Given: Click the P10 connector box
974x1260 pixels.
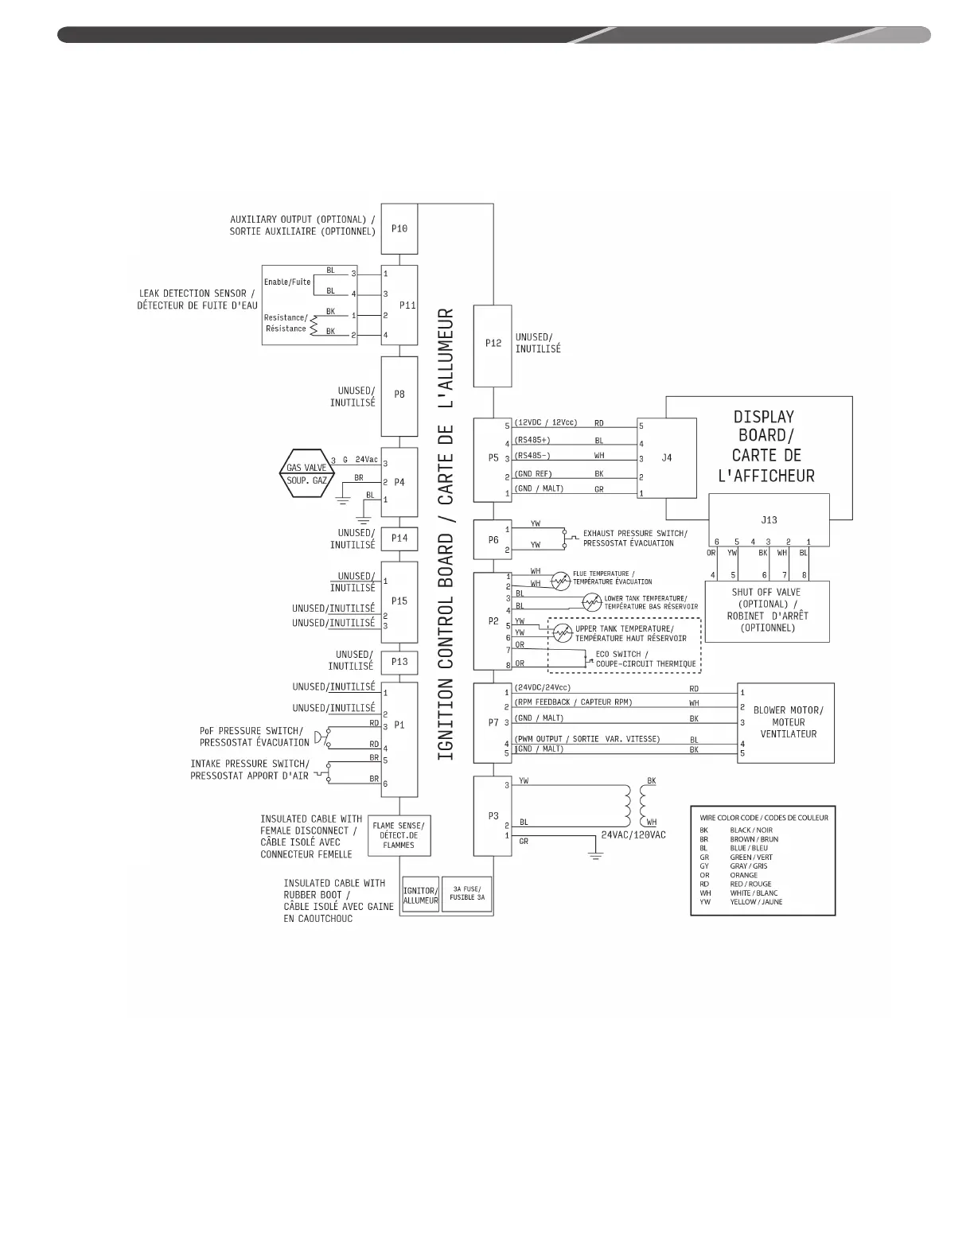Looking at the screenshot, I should [x=399, y=228].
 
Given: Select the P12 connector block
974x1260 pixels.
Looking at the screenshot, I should [x=493, y=344].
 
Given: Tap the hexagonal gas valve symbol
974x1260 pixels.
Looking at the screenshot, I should [x=306, y=475].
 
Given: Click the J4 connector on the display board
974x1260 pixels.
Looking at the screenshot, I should [x=667, y=457].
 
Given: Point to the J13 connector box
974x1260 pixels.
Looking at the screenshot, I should [x=769, y=519].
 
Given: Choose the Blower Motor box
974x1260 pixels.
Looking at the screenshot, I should [x=786, y=722].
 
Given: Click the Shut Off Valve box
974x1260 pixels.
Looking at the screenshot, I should [x=767, y=610].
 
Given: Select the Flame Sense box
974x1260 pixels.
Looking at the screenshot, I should [x=399, y=835].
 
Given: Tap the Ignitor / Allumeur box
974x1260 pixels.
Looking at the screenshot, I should [x=420, y=896].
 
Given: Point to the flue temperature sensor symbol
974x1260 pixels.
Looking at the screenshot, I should [x=561, y=581].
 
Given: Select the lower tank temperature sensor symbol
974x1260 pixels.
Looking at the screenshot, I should [x=592, y=602].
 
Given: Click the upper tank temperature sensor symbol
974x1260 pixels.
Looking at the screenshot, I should [x=563, y=633].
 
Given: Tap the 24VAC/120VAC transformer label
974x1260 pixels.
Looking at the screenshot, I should [x=633, y=835].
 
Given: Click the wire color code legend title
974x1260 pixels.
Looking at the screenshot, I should [x=763, y=817].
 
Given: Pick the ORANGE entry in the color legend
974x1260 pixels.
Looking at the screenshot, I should [x=743, y=875].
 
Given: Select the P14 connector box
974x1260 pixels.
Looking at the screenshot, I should [x=399, y=539].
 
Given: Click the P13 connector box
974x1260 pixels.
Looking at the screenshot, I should [x=399, y=661].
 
